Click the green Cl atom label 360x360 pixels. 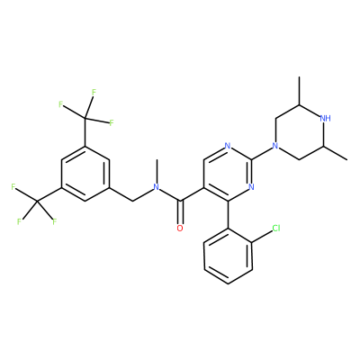click(276, 229)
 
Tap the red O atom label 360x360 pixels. click(180, 229)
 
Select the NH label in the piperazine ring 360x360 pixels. click(326, 118)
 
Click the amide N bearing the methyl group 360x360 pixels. click(156, 187)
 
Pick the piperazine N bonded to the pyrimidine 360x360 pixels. click(274, 147)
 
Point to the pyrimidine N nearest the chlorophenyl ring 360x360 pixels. click(251, 187)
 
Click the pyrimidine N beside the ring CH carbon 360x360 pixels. click(228, 147)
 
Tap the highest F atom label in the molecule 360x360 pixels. click(94, 92)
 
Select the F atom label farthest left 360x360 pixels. click(13, 187)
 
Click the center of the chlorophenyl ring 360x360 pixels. click(228, 256)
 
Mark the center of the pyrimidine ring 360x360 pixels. click(228, 174)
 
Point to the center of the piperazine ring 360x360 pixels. click(300, 132)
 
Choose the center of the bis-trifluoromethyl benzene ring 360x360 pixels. click(85, 174)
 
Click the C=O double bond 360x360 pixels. click(180, 212)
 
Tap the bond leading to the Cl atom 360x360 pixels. click(262, 237)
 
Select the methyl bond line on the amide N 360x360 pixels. click(157, 172)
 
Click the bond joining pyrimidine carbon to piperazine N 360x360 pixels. click(262, 153)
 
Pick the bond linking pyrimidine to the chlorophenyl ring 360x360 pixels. click(228, 215)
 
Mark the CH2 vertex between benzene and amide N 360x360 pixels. click(132, 201)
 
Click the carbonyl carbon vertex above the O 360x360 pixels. click(180, 201)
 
